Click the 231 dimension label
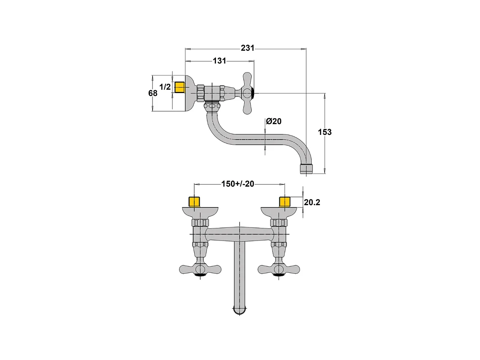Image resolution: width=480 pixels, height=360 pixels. pyautogui.click(x=247, y=48)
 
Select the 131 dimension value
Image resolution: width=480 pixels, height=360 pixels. pyautogui.click(x=220, y=61)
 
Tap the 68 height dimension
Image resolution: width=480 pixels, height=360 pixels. pyautogui.click(x=153, y=93)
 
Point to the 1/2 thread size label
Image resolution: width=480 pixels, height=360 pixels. pyautogui.click(x=165, y=87)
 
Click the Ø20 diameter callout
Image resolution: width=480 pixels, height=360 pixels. pyautogui.click(x=273, y=121)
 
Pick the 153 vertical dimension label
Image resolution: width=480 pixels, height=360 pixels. pyautogui.click(x=325, y=132)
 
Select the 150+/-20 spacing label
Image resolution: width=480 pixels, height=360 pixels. pyautogui.click(x=238, y=184)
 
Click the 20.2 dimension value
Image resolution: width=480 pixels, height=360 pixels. pyautogui.click(x=312, y=203)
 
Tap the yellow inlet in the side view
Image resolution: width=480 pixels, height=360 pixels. pyautogui.click(x=180, y=87)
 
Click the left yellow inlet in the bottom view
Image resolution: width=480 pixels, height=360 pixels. pyautogui.click(x=194, y=202)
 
